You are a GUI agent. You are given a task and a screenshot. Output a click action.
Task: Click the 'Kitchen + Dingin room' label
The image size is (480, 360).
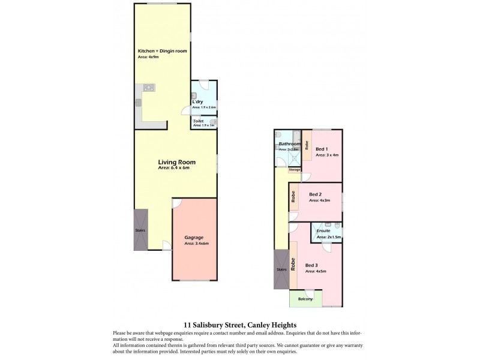(x=163, y=51)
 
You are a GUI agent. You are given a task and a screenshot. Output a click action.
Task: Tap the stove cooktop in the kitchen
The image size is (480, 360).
(x=148, y=88)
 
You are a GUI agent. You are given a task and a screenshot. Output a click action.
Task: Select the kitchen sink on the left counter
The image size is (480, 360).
(x=138, y=103)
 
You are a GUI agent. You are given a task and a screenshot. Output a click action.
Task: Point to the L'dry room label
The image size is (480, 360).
(x=197, y=102)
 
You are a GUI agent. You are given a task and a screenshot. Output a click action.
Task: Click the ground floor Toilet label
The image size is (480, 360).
(x=198, y=121)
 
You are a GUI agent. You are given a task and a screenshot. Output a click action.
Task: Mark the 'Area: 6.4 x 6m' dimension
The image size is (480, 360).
(x=173, y=168)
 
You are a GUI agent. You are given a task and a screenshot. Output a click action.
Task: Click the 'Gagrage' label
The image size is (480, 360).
(x=194, y=238)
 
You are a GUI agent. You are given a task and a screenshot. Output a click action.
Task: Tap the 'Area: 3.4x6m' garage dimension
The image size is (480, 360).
(x=196, y=244)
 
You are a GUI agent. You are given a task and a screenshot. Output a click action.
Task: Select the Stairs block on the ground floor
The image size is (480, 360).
(x=140, y=230)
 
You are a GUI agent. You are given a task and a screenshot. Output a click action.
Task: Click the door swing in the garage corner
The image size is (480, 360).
(x=176, y=203)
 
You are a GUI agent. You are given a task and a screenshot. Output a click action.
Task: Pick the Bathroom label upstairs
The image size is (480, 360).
(x=289, y=144)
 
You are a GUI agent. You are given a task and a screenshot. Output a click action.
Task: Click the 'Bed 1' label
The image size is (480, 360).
(x=322, y=149)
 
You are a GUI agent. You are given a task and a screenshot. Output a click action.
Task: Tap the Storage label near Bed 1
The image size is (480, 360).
(x=294, y=170)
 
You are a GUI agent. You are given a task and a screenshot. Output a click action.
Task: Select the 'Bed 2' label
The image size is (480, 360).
(x=316, y=194)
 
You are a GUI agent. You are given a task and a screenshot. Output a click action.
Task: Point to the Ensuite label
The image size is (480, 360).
(x=323, y=230)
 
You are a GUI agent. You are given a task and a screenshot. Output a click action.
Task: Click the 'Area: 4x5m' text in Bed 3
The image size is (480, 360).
(x=315, y=271)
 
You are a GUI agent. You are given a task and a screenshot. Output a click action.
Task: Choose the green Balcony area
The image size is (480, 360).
(x=305, y=298)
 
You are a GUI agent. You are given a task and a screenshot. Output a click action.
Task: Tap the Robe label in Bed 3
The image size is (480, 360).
(x=293, y=265)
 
